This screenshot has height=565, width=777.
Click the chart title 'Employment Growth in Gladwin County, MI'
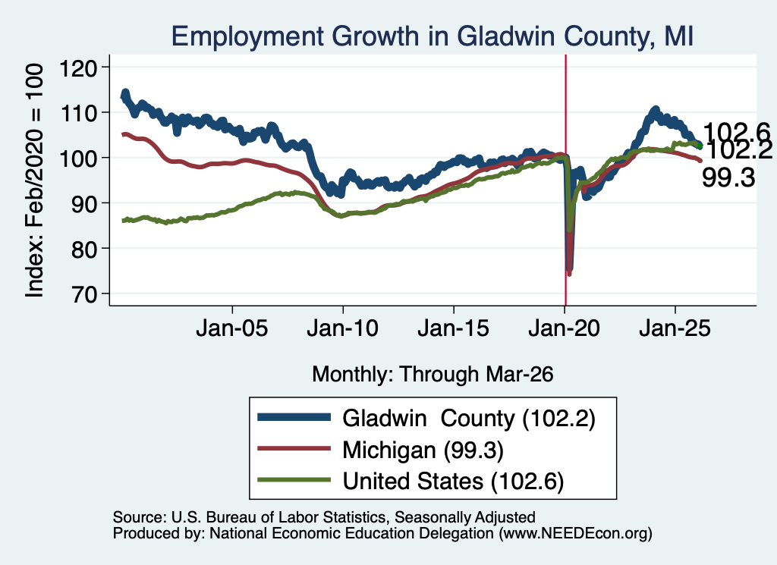[432, 36]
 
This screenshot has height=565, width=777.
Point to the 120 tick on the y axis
[78, 67]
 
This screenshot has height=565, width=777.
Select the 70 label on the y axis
[83, 293]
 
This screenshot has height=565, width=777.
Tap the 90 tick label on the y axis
[83, 203]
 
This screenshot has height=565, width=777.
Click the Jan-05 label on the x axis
[232, 328]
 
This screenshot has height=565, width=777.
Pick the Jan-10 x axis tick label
[342, 328]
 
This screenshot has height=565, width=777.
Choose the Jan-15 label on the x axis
[454, 328]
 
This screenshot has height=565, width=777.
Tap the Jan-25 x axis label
[675, 328]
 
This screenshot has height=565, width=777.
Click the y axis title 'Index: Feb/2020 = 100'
[34, 180]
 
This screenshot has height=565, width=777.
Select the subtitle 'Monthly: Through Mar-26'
[433, 375]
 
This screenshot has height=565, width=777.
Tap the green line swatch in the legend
[294, 480]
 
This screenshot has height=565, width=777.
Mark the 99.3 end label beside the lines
[728, 177]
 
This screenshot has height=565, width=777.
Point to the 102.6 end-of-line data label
[736, 132]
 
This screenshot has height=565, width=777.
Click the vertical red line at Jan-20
[565, 180]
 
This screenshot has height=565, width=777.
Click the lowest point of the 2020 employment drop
[569, 273]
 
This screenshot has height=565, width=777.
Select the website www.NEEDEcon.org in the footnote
[574, 533]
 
